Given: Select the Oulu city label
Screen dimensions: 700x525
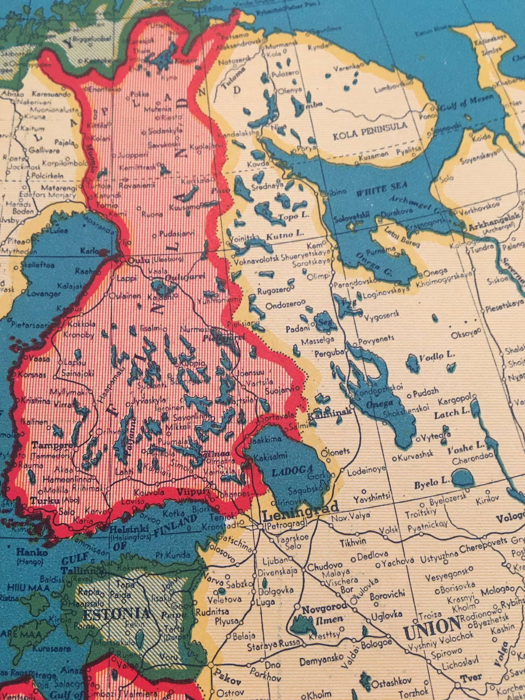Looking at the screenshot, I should point(139,260).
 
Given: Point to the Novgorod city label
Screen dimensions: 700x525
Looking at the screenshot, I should point(324,609).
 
